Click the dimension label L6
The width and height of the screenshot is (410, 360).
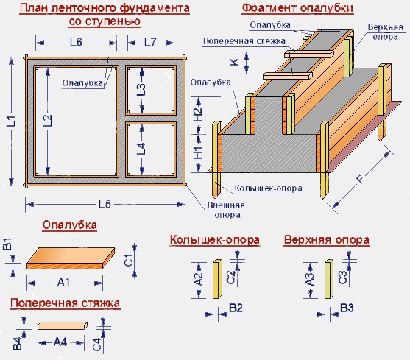point(76,42)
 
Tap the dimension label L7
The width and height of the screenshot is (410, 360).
point(150,42)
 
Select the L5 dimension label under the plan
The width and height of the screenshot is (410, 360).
point(105,204)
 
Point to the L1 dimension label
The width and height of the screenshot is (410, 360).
point(11,121)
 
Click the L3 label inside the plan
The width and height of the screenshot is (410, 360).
point(141,89)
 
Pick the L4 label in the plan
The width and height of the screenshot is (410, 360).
point(141,149)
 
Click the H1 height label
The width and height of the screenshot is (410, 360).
point(199,152)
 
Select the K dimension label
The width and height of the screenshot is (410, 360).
point(235,62)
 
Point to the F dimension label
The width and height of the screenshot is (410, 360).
point(361,180)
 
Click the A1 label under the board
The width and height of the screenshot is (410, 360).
point(64,283)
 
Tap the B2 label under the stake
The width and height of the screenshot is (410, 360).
point(236,308)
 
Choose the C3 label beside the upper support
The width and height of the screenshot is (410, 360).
point(342,278)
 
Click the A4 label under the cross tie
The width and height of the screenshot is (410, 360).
point(60,342)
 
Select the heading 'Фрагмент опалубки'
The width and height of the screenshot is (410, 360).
point(297,8)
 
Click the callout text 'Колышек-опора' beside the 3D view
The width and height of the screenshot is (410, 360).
point(268,188)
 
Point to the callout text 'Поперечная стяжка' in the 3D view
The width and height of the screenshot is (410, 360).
point(244,41)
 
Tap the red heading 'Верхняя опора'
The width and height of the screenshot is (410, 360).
point(327,240)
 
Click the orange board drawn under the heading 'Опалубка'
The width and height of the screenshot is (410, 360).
point(71,258)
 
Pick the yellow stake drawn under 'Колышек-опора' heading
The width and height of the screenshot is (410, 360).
point(218,279)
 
